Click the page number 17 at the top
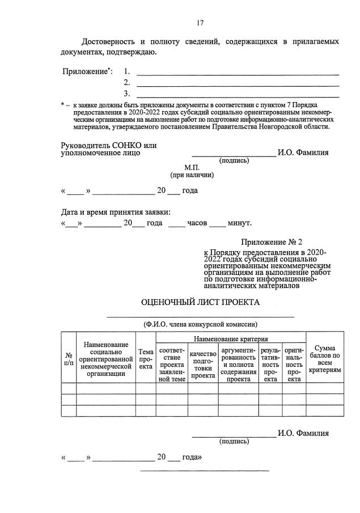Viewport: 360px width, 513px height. tap(200, 23)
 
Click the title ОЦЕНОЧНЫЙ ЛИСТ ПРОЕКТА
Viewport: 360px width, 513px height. tap(200, 302)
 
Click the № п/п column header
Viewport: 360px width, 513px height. tap(69, 358)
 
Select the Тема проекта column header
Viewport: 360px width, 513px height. tap(146, 358)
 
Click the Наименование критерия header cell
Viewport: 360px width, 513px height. tap(230, 338)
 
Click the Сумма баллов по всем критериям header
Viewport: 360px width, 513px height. tap(324, 358)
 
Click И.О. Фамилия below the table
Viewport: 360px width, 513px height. tap(303, 434)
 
